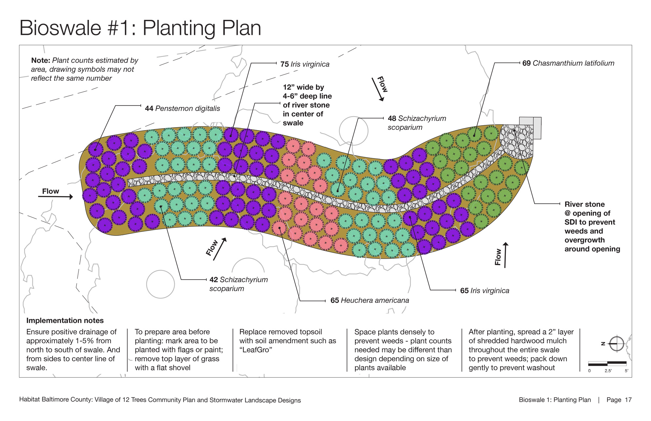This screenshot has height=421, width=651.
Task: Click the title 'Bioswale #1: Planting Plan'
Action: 140,28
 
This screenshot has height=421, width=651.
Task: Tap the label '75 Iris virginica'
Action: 305,64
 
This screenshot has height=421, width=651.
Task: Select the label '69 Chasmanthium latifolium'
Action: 568,63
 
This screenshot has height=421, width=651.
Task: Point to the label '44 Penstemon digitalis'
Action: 182,108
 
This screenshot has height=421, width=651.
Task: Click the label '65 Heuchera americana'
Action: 370,300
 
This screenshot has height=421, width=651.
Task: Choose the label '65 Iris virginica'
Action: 485,291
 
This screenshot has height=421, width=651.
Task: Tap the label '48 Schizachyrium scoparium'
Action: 417,123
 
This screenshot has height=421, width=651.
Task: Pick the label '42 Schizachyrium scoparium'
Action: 239,284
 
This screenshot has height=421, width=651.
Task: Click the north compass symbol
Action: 616,344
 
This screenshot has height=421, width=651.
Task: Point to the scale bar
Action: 607,363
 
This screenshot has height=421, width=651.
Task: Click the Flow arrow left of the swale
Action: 55,197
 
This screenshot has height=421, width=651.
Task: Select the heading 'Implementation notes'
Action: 65,320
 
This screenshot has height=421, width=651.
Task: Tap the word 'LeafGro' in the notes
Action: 256,350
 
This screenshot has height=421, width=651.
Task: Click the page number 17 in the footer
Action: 628,400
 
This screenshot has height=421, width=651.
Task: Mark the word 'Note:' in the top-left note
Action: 41,60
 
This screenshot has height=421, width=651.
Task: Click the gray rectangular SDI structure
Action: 530,128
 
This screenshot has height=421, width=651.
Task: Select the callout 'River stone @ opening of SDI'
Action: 592,226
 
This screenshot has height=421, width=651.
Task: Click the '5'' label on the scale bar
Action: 626,371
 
